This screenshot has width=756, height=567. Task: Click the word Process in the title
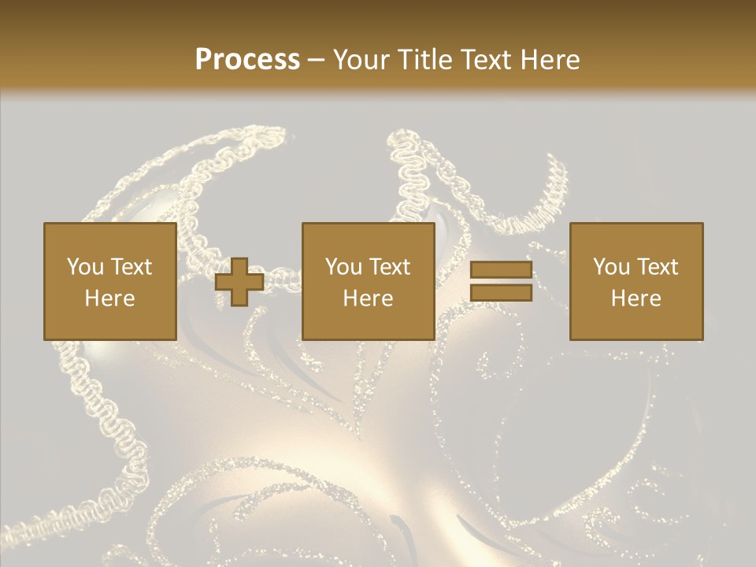(x=247, y=60)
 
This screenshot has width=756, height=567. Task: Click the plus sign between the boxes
(x=239, y=282)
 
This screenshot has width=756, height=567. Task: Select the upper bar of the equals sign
(x=501, y=271)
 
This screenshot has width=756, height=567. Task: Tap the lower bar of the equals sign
(x=501, y=293)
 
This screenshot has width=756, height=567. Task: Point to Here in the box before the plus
(x=109, y=298)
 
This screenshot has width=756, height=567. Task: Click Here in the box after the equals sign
(x=636, y=298)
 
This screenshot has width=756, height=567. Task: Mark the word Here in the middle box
(x=368, y=298)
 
